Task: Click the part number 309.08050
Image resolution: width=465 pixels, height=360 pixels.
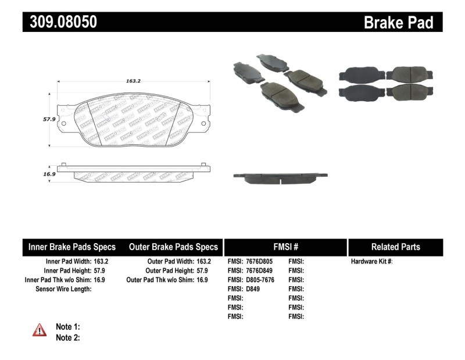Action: pos(60,22)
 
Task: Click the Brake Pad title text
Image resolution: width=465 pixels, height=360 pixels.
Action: pos(398,22)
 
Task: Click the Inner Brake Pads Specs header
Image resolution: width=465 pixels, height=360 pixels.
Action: pos(72,247)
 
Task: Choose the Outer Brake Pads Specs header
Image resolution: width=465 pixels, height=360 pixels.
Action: pos(173,247)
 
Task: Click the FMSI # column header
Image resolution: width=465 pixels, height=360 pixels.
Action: pos(285,247)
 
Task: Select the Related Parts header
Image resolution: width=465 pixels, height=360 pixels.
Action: pos(395,247)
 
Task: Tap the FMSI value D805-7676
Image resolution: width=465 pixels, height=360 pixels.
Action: pos(260,280)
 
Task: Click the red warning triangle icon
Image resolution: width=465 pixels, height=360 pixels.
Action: pos(40,330)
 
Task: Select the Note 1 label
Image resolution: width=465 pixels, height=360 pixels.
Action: pos(67,327)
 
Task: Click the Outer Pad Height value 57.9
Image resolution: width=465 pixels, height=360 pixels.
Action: pos(203,271)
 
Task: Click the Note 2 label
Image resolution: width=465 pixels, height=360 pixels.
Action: pos(67,337)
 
